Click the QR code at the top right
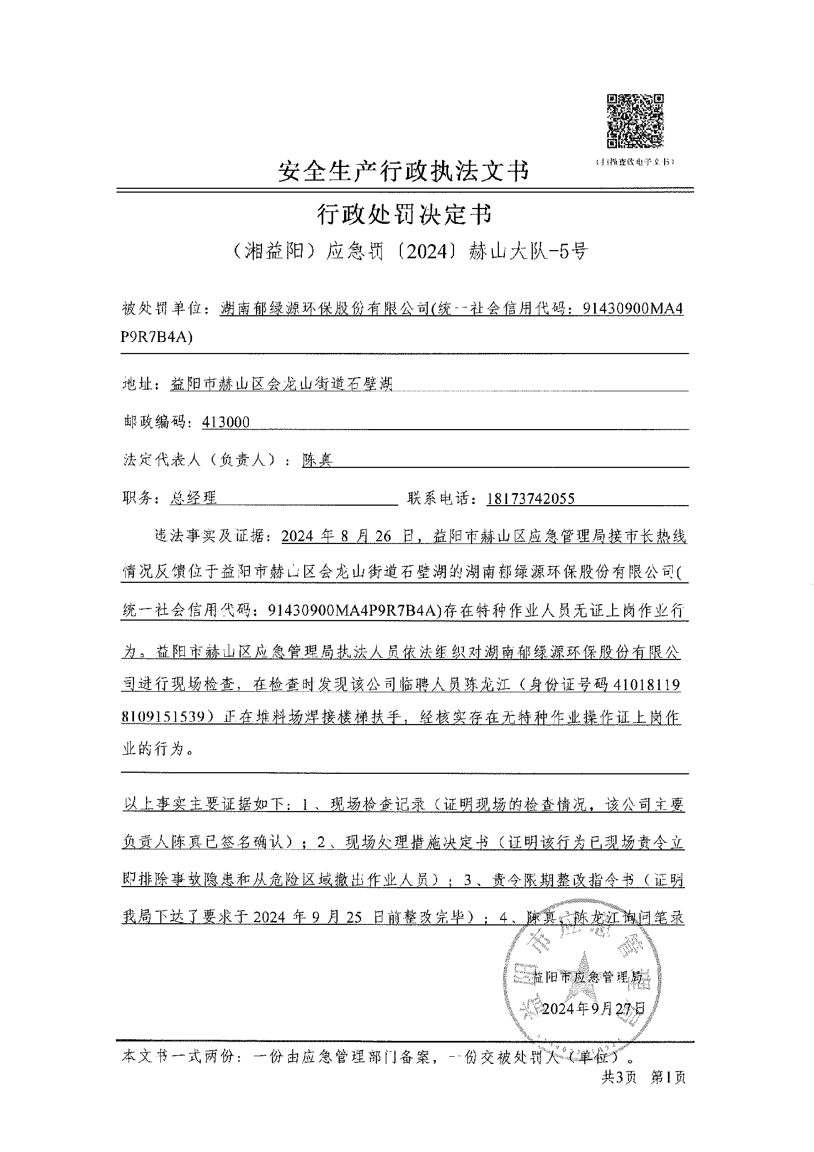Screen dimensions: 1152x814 [x=635, y=120]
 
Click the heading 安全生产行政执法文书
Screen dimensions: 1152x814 [x=403, y=171]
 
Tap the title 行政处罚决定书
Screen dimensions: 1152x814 [x=404, y=215]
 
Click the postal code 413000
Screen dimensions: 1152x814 [x=225, y=422]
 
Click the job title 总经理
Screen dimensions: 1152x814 [x=194, y=497]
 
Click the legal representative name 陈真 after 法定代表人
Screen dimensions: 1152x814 [x=317, y=460]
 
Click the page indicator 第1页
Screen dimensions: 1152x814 [x=668, y=1077]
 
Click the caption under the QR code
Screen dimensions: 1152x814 [x=635, y=162]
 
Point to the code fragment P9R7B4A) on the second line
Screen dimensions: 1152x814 [x=156, y=338]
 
